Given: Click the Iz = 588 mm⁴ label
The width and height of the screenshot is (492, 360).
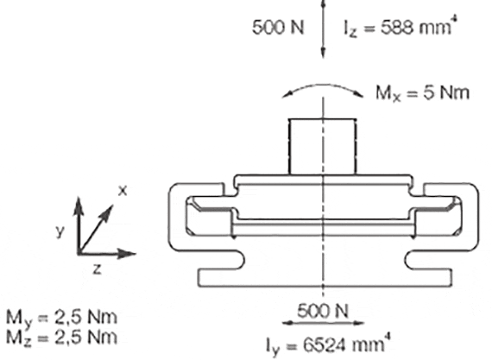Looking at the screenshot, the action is click(400, 27).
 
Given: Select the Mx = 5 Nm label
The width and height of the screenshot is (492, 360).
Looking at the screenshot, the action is click(423, 93).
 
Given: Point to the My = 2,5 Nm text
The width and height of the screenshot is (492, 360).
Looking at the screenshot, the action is click(62, 318).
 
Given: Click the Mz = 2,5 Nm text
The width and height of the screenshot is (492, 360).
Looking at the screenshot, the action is click(62, 338).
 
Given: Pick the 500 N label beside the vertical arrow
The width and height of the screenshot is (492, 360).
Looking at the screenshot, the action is click(278, 28).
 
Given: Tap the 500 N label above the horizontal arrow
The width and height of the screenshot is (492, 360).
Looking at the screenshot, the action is click(323, 311).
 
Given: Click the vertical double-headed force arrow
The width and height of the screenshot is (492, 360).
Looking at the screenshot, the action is click(324, 28).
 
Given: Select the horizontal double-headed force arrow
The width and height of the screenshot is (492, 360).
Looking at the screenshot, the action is click(323, 323).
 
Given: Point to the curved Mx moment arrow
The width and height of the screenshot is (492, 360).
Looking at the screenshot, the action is click(323, 85).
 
